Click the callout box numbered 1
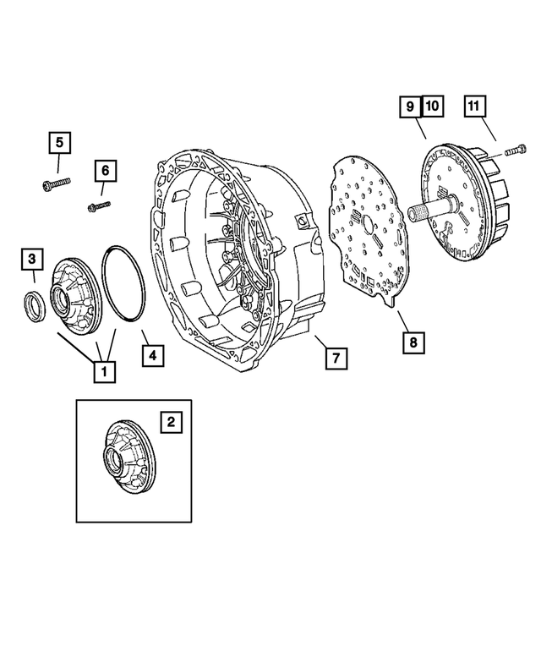point(104,370)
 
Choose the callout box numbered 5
point(59,143)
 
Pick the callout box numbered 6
point(106,172)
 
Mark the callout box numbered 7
point(336,359)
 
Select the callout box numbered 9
point(410,107)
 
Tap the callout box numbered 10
point(431,107)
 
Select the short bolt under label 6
point(97,204)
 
